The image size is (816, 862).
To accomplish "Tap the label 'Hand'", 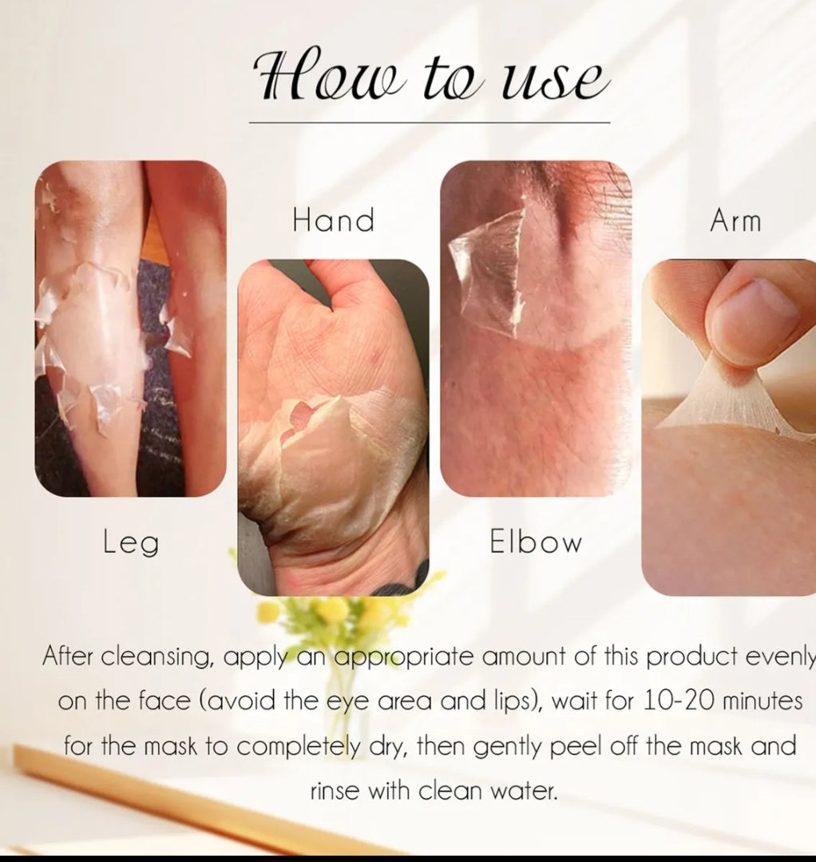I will click(x=334, y=220).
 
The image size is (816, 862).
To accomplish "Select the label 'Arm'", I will click(x=735, y=221).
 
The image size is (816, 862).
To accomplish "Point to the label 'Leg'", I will click(x=131, y=542).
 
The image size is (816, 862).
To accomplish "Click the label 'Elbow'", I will click(x=536, y=542).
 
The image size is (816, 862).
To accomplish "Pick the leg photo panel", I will click(x=131, y=328).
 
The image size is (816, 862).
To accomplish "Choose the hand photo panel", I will click(x=333, y=427).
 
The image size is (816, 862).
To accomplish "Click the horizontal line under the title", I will click(x=430, y=123).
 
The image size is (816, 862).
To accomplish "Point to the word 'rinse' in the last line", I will click(x=335, y=791).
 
